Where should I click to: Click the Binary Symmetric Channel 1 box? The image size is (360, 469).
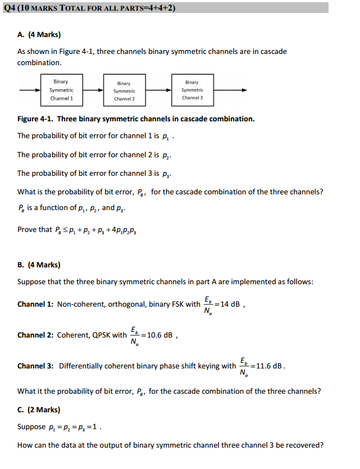[x=61, y=90]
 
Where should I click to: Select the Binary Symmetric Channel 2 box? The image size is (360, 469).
[x=125, y=90]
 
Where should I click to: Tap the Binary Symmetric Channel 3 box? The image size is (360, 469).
[x=192, y=90]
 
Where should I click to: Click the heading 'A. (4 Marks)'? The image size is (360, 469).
[x=39, y=35]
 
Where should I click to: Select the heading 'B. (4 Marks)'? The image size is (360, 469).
[x=39, y=265]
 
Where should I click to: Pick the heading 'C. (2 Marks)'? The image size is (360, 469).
[x=39, y=409]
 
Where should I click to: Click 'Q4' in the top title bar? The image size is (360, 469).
[x=10, y=7]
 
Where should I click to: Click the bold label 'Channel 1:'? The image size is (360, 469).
[x=35, y=304]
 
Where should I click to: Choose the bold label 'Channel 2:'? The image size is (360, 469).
[x=35, y=335]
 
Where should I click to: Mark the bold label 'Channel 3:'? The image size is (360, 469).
[x=35, y=366]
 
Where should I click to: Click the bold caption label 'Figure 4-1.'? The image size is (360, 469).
[x=35, y=119]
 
